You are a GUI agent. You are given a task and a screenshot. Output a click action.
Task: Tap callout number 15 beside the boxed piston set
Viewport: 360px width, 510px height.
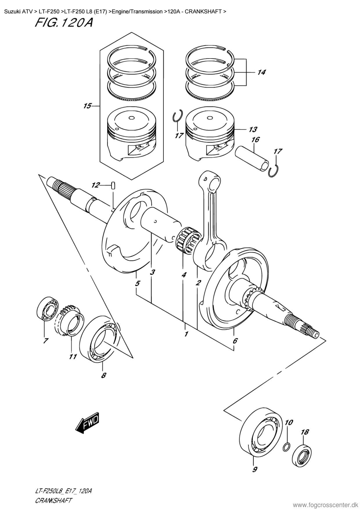tap(87, 106)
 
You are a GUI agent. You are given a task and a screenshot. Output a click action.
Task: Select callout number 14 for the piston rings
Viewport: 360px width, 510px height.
tap(261, 72)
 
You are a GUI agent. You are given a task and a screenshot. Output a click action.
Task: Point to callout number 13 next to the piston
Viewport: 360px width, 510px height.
tap(253, 129)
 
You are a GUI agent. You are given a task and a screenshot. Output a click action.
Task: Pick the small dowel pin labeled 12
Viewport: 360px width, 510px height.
tap(113, 185)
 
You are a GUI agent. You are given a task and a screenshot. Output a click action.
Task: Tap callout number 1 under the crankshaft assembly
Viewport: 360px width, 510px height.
tap(186, 334)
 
